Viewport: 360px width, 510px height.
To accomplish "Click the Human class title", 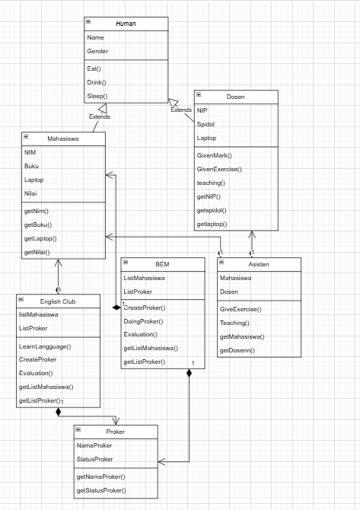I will point(126,24).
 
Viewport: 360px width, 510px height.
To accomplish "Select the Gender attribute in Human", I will point(97,51).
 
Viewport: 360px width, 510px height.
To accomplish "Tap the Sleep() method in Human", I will point(97,97).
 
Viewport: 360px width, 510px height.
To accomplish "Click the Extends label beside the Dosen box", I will point(181,110).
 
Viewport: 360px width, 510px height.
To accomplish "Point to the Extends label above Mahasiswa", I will point(99,117).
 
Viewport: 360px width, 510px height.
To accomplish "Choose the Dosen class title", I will point(235,97).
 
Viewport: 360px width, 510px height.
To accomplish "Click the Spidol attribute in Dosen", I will point(205,124).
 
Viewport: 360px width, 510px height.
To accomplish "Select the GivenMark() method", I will point(214,155).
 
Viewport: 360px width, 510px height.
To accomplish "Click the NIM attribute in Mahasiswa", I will point(30,152).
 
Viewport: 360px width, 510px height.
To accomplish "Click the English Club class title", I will point(58,302).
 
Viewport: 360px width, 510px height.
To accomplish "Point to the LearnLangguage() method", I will point(45,346).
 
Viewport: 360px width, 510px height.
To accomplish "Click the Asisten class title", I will point(259,264).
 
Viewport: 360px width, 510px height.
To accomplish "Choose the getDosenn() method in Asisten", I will point(237,350).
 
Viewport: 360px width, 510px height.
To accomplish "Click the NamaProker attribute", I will point(94,445).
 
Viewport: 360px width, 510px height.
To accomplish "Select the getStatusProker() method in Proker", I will point(101,490).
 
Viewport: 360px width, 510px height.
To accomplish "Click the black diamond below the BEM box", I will point(189,374).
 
